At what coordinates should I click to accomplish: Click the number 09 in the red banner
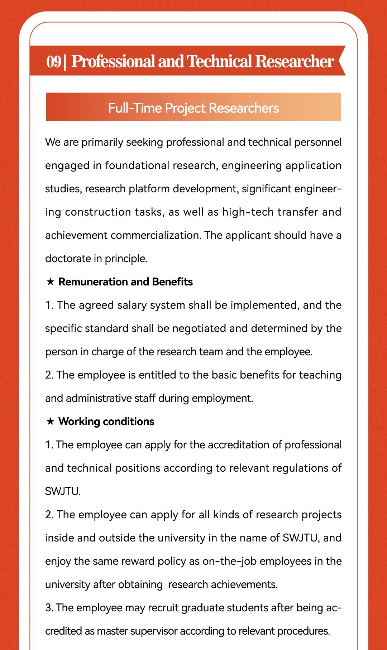pyautogui.click(x=54, y=61)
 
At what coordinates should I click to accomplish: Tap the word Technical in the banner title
pyautogui.click(x=220, y=61)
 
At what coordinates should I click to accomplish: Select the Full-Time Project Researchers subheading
pyautogui.click(x=193, y=108)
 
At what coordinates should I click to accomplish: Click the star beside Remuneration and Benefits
pyautogui.click(x=50, y=282)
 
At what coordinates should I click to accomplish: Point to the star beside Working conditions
pyautogui.click(x=50, y=422)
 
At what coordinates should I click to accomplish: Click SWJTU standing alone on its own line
pyautogui.click(x=62, y=491)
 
